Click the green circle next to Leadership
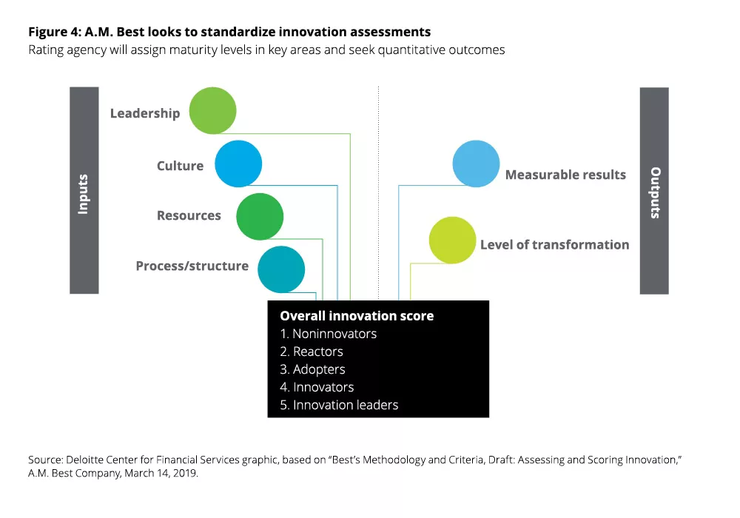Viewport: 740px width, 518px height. pos(212,111)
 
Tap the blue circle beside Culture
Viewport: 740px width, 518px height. pos(238,164)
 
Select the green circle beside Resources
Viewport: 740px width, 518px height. pos(260,217)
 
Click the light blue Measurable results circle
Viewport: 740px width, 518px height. pos(476,164)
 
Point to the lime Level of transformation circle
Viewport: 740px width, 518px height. pos(453,240)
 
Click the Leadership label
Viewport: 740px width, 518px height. pos(145,113)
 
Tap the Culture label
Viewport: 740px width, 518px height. pos(180,166)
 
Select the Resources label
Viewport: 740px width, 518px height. pos(189,216)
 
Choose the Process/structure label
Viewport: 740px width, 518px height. pos(192,266)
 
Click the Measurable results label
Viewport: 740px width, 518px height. pos(565,175)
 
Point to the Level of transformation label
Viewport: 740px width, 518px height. pos(554,245)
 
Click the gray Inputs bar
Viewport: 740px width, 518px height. pos(84,190)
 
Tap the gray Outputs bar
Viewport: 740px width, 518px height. pos(654,190)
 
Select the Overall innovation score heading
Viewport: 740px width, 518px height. pos(357,316)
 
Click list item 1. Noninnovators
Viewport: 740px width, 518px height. pos(328,334)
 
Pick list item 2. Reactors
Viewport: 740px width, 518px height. pos(312,352)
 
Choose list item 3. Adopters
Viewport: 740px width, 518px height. pos(312,369)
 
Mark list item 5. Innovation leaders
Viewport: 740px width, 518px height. pos(339,405)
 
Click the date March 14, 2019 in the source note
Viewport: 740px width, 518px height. pos(162,474)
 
